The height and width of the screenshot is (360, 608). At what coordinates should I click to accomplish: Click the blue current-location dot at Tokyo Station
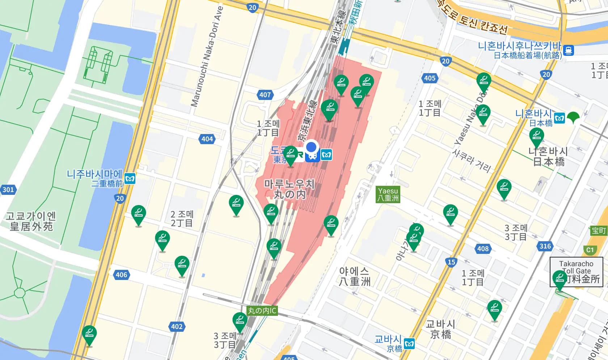pyautogui.click(x=311, y=147)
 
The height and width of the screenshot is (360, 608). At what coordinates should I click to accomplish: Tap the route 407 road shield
pyautogui.click(x=265, y=95)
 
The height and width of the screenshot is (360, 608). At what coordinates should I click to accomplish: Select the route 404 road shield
pyautogui.click(x=207, y=139)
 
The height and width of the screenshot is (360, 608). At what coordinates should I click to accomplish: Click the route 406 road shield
pyautogui.click(x=121, y=275)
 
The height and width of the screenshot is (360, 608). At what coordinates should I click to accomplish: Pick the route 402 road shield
pyautogui.click(x=177, y=327)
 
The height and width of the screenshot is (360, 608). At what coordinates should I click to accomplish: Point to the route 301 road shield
pyautogui.click(x=8, y=189)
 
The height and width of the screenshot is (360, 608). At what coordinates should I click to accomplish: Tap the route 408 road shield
pyautogui.click(x=483, y=249)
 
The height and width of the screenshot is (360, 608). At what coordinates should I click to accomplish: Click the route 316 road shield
pyautogui.click(x=545, y=246)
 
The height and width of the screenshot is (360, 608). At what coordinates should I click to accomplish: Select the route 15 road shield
pyautogui.click(x=451, y=262)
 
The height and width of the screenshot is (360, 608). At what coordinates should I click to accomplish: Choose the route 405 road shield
pyautogui.click(x=430, y=78)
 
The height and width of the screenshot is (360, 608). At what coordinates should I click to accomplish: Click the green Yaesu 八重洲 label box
pyautogui.click(x=388, y=194)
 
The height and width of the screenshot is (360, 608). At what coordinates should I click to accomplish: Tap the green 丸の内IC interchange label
pyautogui.click(x=262, y=311)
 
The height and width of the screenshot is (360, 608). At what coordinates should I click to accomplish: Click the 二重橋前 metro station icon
pyautogui.click(x=130, y=179)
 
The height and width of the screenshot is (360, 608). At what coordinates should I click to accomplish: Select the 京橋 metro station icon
pyautogui.click(x=409, y=343)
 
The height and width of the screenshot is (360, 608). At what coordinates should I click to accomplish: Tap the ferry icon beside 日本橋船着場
pyautogui.click(x=569, y=50)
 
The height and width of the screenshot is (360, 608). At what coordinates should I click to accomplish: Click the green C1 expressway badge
pyautogui.click(x=590, y=250)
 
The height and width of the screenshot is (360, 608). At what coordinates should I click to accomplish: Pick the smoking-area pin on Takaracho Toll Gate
pyautogui.click(x=560, y=279)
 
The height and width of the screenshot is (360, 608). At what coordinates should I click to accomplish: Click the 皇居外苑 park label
pyautogui.click(x=31, y=221)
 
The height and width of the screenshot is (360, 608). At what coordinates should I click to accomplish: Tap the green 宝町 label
pyautogui.click(x=599, y=231)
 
